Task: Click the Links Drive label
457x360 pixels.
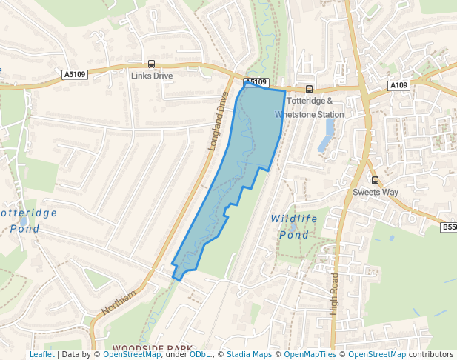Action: (x=151, y=76)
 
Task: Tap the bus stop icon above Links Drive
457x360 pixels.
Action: (x=151, y=64)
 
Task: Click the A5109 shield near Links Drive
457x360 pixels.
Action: (x=75, y=74)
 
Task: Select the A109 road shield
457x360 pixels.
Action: (x=398, y=86)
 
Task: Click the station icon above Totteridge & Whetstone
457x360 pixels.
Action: (x=309, y=90)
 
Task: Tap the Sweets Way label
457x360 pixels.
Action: (x=375, y=192)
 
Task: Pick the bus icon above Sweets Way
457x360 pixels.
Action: (x=375, y=180)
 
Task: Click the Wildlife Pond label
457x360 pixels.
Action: (x=294, y=227)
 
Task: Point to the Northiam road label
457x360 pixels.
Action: (x=119, y=303)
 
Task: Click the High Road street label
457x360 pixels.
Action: (x=335, y=294)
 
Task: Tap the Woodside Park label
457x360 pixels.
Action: (x=152, y=347)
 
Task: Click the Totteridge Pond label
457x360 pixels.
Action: (x=27, y=220)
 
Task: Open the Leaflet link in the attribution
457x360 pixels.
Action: (x=42, y=355)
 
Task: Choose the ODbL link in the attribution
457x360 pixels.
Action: (x=200, y=355)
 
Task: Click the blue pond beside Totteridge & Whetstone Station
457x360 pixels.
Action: (x=327, y=134)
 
